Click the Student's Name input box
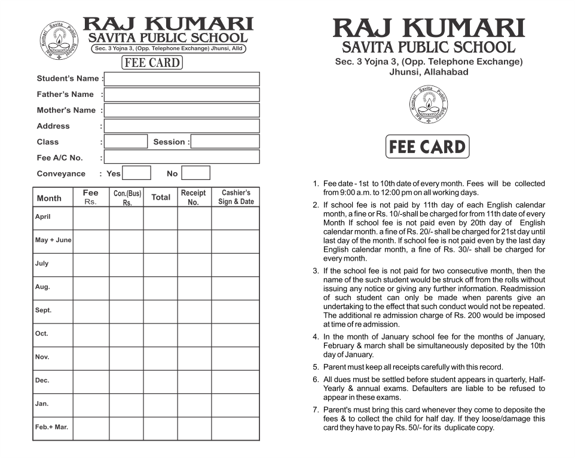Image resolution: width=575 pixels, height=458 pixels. coord(182,79)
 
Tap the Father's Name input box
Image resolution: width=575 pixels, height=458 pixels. coord(182,94)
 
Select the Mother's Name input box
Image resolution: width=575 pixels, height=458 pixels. coord(182,110)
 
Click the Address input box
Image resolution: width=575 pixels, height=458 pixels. coord(182,126)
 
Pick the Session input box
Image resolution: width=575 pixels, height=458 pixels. coord(225,142)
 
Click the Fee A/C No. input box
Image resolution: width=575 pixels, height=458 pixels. coord(182,157)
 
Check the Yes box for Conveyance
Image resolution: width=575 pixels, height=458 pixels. coord(137,173)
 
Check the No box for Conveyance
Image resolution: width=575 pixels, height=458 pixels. coord(195,173)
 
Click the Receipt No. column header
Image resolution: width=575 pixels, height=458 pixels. coord(193,197)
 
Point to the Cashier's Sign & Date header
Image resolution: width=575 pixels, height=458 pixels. coord(235,197)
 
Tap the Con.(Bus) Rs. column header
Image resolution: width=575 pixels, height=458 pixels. coord(127,198)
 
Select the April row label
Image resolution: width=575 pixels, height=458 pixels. coord(43,217)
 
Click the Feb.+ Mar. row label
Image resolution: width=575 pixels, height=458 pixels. coord(51,428)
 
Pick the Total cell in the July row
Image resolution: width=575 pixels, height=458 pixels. coord(160,265)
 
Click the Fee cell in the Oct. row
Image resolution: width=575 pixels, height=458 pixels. coord(91,335)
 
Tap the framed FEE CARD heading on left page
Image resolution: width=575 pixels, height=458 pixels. coord(152,63)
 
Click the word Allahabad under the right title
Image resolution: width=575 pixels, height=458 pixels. coord(445,72)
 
